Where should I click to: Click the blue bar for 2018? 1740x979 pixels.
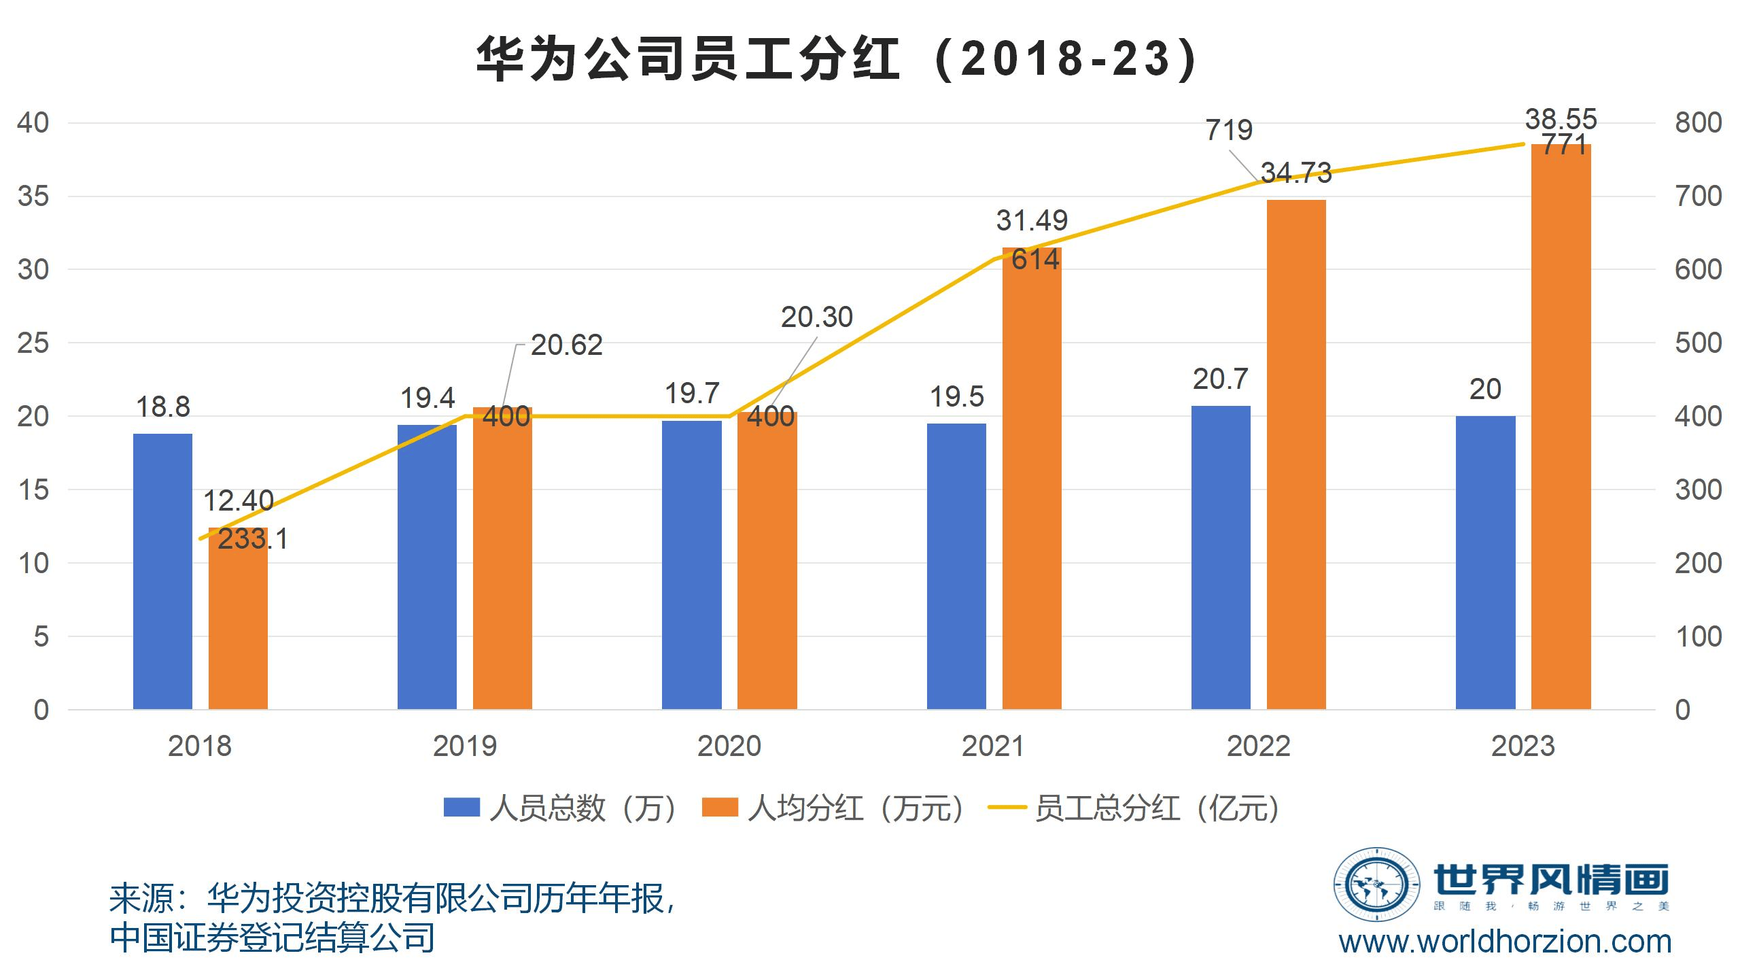(162, 571)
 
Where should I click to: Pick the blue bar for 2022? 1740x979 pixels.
(1221, 557)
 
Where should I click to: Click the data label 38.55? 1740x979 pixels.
(1561, 119)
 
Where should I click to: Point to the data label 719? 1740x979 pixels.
(1228, 130)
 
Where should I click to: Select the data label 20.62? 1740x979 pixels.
(566, 345)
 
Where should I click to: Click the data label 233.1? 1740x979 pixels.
(253, 539)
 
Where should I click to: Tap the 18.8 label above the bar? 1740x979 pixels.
(163, 407)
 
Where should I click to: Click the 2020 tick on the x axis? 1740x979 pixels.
(729, 746)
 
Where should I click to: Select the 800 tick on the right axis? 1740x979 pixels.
(1698, 123)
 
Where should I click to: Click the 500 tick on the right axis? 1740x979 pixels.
(1698, 343)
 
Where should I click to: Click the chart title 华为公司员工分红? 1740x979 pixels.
(836, 60)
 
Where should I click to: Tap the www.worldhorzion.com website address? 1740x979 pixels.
(1505, 942)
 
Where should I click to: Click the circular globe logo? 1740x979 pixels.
(1377, 884)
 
